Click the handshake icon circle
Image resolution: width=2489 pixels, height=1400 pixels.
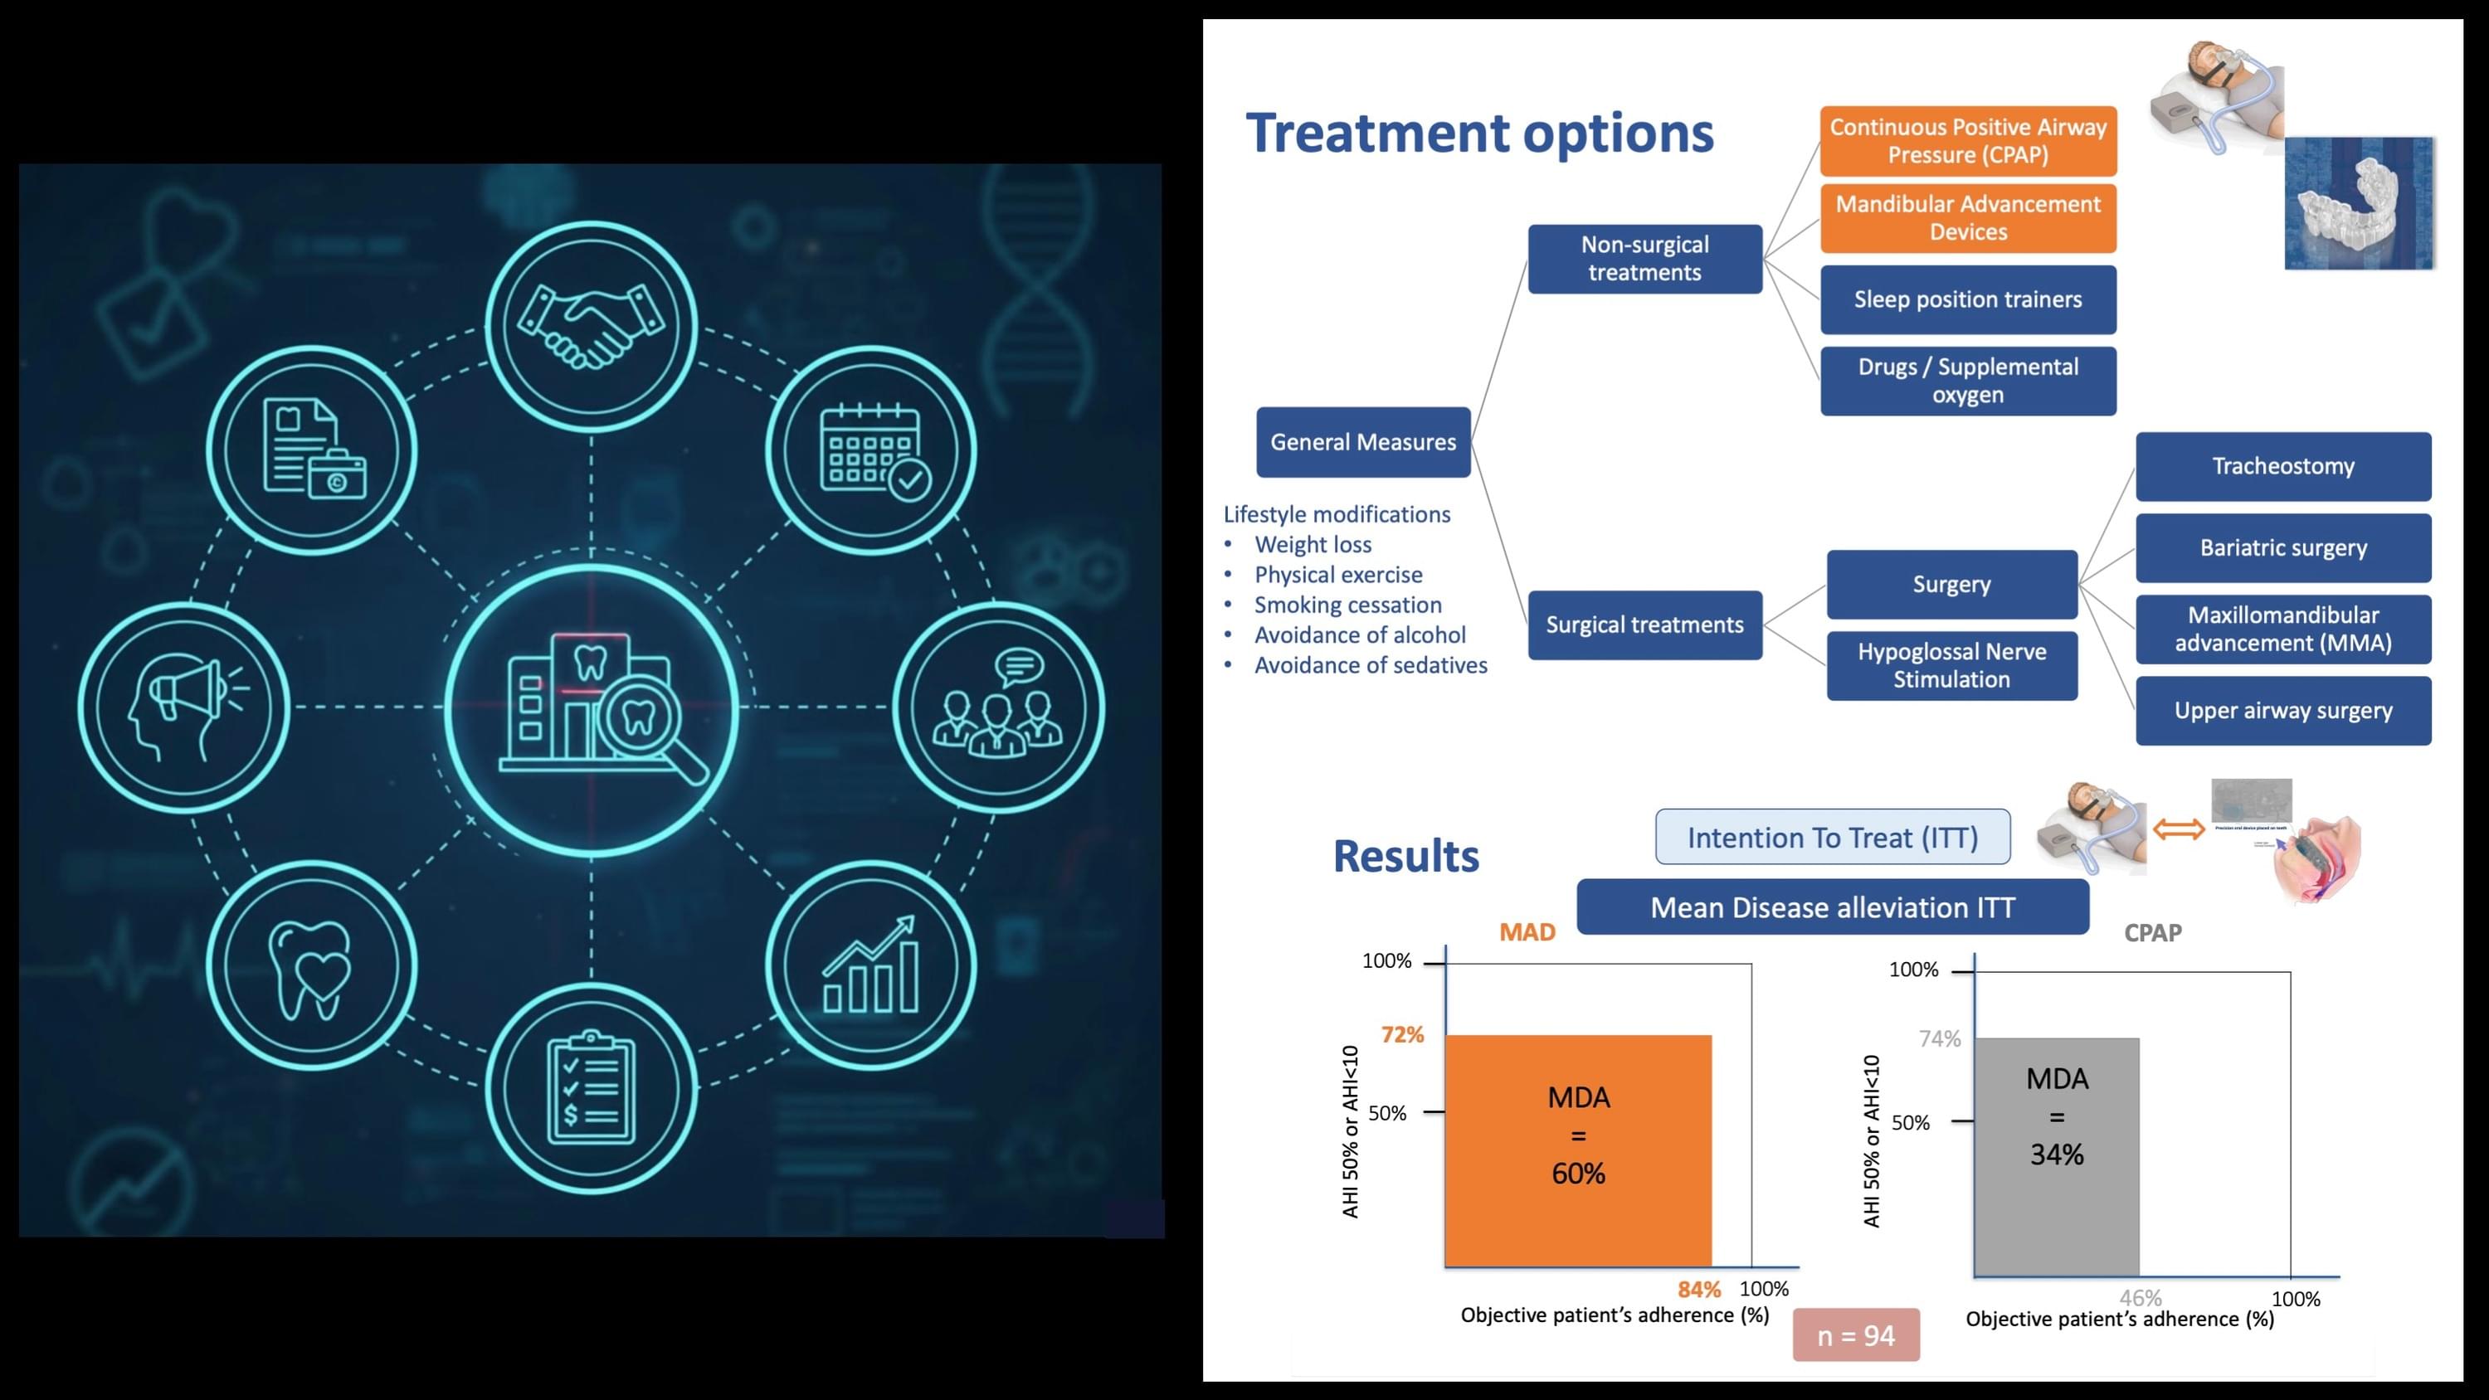(x=592, y=326)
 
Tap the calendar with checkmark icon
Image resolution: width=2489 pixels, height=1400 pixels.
(x=871, y=450)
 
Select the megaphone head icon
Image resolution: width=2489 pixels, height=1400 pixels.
(x=183, y=707)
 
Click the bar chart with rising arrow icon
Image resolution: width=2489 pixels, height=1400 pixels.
(x=871, y=965)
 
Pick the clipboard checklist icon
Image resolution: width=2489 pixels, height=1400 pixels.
(x=592, y=1089)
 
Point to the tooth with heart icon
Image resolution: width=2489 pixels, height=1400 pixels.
(x=311, y=965)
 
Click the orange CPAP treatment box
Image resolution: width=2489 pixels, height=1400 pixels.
(x=1967, y=141)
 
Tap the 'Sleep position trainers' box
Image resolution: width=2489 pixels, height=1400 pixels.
(x=1967, y=299)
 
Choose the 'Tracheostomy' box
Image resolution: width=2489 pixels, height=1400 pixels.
(x=2282, y=467)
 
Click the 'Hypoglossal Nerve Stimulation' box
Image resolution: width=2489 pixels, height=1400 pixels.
(x=1951, y=666)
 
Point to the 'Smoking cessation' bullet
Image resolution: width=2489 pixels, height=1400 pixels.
(x=1347, y=605)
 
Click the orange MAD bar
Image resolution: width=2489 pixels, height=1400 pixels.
(x=1577, y=1150)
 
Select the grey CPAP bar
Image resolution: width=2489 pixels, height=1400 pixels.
(x=2056, y=1156)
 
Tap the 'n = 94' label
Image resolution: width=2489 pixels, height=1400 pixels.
(x=1855, y=1335)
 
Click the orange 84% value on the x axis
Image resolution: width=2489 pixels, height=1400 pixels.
(x=1698, y=1289)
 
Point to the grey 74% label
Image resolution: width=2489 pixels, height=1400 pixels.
(x=1939, y=1038)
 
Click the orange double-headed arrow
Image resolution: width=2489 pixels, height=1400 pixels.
(x=2178, y=829)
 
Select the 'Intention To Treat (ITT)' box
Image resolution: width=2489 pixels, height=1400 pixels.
(x=1832, y=838)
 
